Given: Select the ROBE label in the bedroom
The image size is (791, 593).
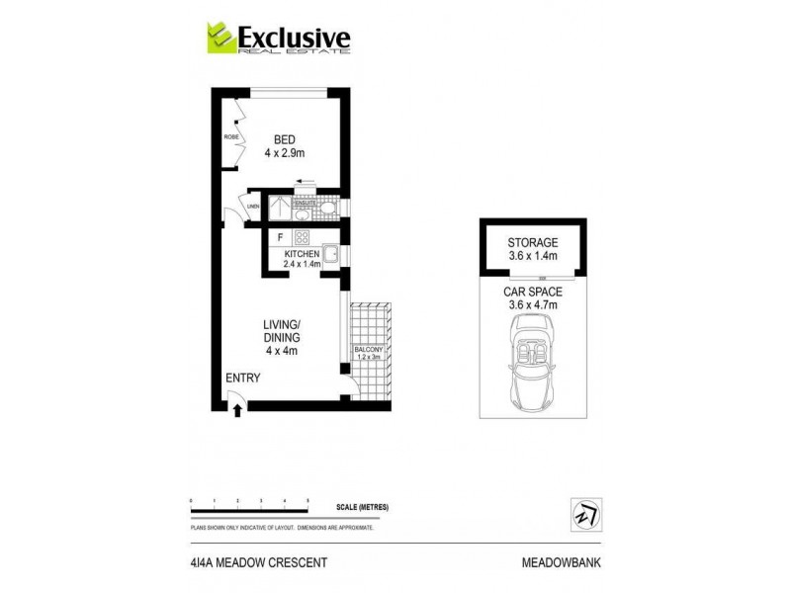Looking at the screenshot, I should (231, 137).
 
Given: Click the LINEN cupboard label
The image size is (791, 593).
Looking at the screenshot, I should (252, 206).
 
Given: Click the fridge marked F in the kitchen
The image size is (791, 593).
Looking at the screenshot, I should (281, 237).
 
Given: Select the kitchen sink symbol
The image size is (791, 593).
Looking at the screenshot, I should (333, 255).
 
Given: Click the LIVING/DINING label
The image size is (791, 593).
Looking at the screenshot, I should (282, 337).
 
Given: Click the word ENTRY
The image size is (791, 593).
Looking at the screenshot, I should (243, 378).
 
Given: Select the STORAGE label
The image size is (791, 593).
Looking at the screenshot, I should (533, 242).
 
